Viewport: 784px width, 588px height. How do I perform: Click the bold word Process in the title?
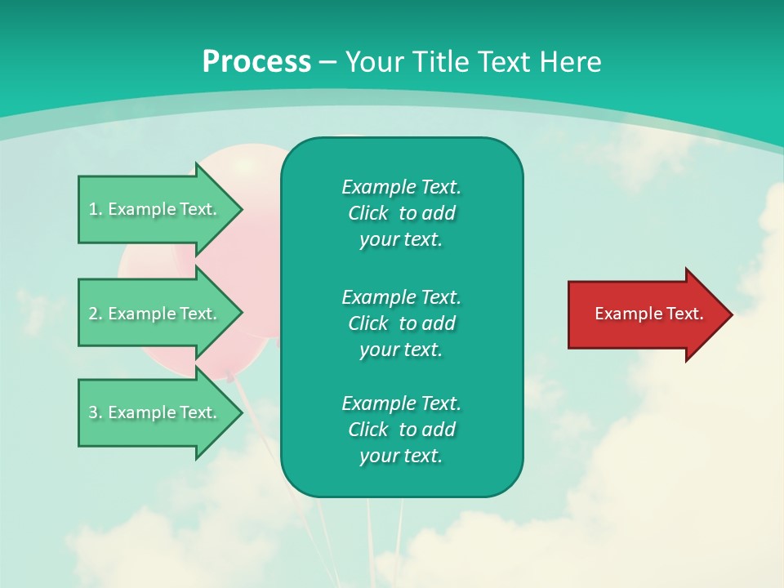pos(256,62)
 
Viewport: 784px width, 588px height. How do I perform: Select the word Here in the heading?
pos(570,61)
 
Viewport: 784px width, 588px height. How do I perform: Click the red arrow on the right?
pos(650,314)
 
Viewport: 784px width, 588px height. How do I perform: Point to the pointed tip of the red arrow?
pos(733,314)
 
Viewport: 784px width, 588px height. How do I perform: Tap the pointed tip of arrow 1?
pos(243,210)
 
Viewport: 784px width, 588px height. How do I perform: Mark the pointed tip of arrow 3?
pos(243,413)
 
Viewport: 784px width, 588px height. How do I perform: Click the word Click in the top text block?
pos(368,213)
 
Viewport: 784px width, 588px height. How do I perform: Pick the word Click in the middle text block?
pos(368,323)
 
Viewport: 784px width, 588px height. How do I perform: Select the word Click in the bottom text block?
pos(368,429)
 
